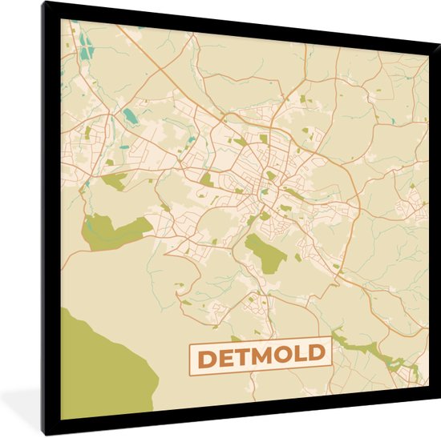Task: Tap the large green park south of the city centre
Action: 265,252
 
